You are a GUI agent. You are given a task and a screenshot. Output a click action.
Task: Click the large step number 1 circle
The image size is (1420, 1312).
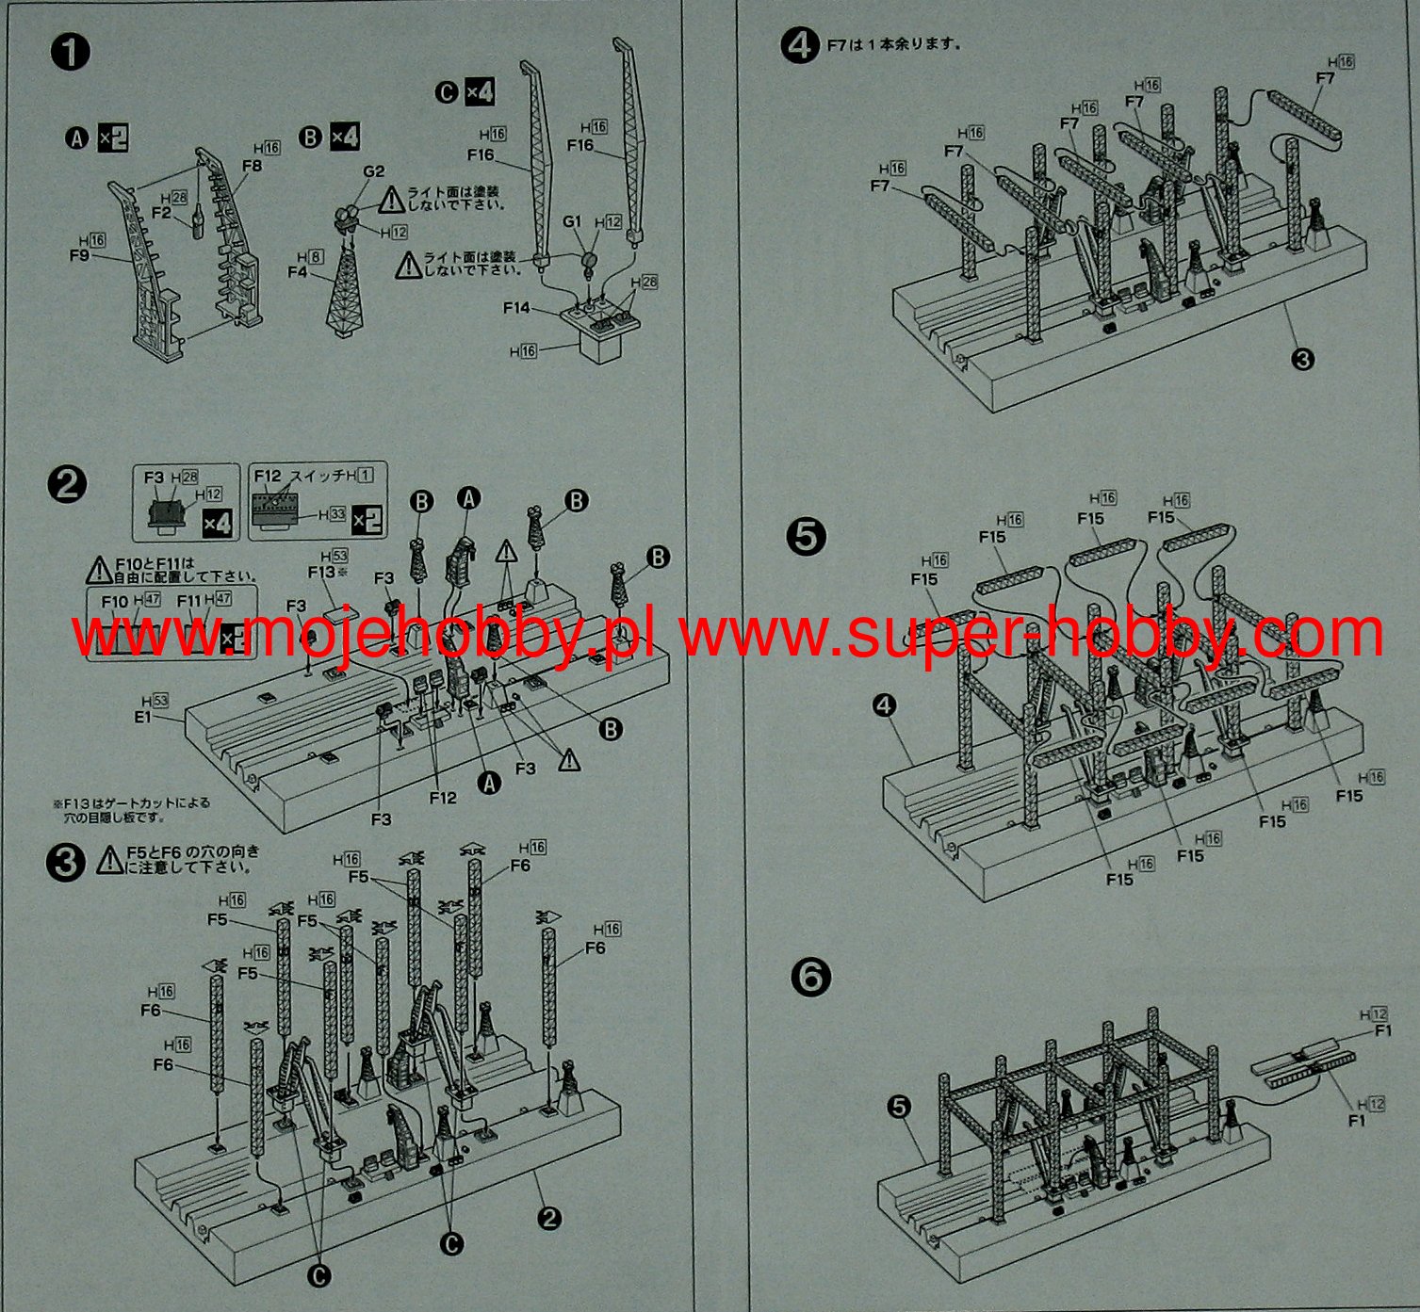pyautogui.click(x=69, y=51)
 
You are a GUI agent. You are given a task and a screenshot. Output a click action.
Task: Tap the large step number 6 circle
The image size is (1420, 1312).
pyautogui.click(x=811, y=977)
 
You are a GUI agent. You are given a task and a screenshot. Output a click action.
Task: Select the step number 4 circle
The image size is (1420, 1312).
pyautogui.click(x=799, y=44)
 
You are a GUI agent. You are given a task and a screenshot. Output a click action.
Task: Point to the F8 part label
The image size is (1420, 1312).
pyautogui.click(x=252, y=166)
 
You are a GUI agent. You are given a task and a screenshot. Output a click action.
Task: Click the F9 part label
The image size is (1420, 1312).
pyautogui.click(x=79, y=254)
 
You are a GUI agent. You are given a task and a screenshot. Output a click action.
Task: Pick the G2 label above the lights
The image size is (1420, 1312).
pyautogui.click(x=373, y=171)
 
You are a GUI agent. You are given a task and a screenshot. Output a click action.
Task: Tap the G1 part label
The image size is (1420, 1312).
pyautogui.click(x=573, y=222)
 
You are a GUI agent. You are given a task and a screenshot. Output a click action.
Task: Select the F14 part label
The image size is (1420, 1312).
pyautogui.click(x=517, y=308)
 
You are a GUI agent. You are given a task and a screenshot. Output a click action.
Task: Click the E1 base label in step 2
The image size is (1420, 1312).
pyautogui.click(x=143, y=717)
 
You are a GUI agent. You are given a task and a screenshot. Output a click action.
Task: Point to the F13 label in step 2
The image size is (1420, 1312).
pyautogui.click(x=320, y=572)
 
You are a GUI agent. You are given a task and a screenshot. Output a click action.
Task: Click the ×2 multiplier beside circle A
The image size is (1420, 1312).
pyautogui.click(x=113, y=138)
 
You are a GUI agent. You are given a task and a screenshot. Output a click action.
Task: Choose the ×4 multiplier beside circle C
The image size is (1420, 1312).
pyautogui.click(x=480, y=92)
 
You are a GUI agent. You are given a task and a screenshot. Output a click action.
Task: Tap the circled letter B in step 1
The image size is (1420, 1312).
pyautogui.click(x=310, y=138)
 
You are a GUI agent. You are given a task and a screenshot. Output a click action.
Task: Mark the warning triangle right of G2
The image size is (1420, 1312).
pyautogui.click(x=392, y=199)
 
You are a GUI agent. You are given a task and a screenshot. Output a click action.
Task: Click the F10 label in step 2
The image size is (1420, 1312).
pyautogui.click(x=114, y=600)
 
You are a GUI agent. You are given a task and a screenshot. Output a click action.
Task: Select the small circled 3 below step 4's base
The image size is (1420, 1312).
pyautogui.click(x=1302, y=359)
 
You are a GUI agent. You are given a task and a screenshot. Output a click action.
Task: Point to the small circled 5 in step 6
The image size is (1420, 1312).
pyautogui.click(x=899, y=1106)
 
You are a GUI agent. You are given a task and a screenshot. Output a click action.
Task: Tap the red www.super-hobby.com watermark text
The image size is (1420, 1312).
pyautogui.click(x=1032, y=635)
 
